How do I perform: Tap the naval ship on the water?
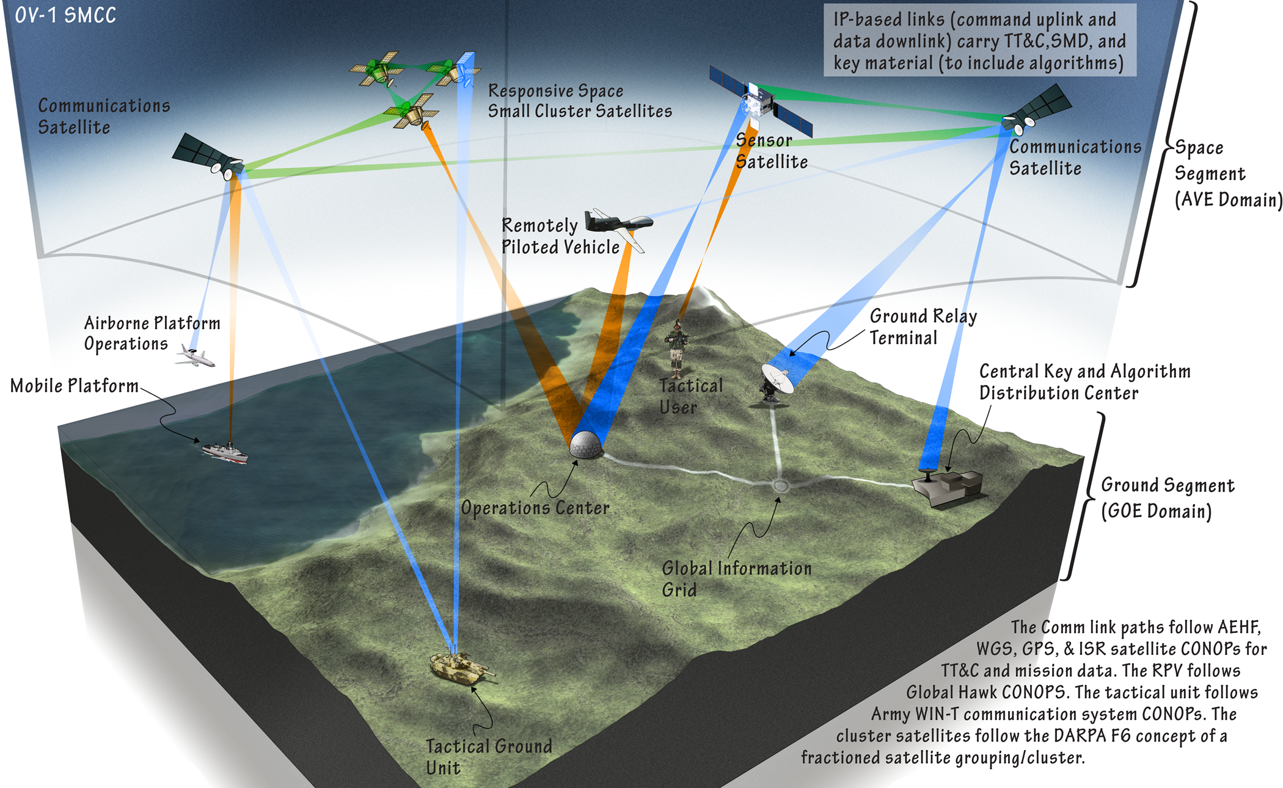point(225,452)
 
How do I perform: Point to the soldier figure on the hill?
point(676,348)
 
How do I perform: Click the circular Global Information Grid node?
point(781,486)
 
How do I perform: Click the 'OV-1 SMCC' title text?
point(65,15)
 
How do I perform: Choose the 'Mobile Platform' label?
point(75,386)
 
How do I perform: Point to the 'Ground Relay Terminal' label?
point(923,327)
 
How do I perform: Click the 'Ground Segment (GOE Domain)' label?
point(1167,498)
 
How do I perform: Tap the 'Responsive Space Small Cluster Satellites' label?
point(579,101)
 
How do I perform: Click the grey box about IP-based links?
point(979,41)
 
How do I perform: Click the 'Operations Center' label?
point(535,508)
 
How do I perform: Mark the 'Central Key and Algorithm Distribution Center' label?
point(1084,382)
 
